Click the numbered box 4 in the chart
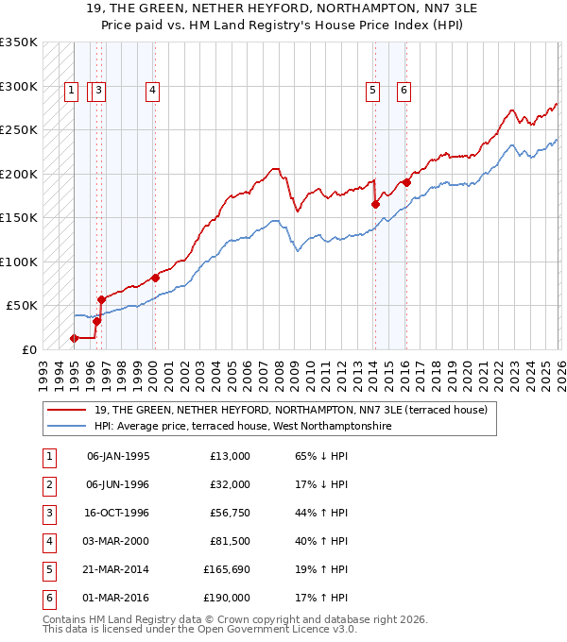point(152,91)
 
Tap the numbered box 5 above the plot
point(372,91)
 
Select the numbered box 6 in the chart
point(404,91)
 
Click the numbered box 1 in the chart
point(72,91)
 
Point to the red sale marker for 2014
point(375,204)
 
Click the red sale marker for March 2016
point(406,182)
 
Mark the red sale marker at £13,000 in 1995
point(74,338)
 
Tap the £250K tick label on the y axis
point(19,130)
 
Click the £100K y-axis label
point(19,262)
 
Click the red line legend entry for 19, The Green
point(290,410)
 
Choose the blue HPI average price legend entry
point(242,427)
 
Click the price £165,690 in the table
point(227,570)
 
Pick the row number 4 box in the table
point(47,542)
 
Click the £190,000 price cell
point(227,599)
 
